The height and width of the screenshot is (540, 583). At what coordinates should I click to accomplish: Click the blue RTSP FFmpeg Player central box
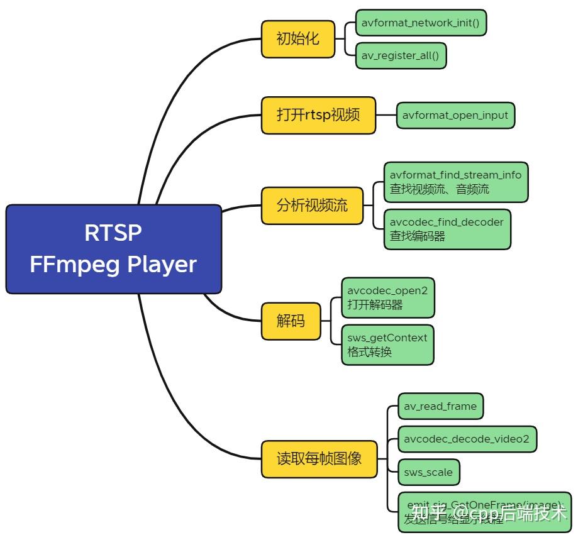pyautogui.click(x=114, y=249)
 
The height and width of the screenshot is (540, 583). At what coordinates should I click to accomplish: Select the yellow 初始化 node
pyautogui.click(x=298, y=39)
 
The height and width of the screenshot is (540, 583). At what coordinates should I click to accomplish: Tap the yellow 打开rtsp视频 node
pyautogui.click(x=318, y=115)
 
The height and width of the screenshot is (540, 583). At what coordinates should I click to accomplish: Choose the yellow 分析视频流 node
pyautogui.click(x=312, y=206)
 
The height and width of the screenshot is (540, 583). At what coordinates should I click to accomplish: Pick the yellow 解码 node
pyautogui.click(x=291, y=321)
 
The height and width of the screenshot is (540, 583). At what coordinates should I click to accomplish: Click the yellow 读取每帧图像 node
pyautogui.click(x=319, y=458)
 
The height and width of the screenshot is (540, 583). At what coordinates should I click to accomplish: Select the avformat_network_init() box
pyautogui.click(x=420, y=23)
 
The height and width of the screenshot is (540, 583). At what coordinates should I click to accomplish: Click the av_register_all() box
pyautogui.click(x=400, y=55)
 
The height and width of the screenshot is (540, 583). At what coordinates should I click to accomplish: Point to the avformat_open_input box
pyautogui.click(x=455, y=116)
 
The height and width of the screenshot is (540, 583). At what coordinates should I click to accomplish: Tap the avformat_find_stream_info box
pyautogui.click(x=455, y=175)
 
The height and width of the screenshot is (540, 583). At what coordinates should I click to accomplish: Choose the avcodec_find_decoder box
pyautogui.click(x=447, y=222)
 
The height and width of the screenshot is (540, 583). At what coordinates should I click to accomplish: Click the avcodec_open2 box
pyautogui.click(x=387, y=290)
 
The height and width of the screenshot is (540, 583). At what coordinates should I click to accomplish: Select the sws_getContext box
pyautogui.click(x=387, y=338)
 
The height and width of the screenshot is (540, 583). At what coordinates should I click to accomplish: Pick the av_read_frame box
pyautogui.click(x=440, y=406)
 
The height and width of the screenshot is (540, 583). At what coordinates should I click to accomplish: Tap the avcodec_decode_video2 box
pyautogui.click(x=467, y=439)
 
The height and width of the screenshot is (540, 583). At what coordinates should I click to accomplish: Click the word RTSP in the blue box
pyautogui.click(x=113, y=233)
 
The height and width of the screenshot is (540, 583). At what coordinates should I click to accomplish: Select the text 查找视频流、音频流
pyautogui.click(x=439, y=189)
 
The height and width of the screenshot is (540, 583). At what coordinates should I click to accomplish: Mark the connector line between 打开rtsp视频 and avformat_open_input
pyautogui.click(x=386, y=115)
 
